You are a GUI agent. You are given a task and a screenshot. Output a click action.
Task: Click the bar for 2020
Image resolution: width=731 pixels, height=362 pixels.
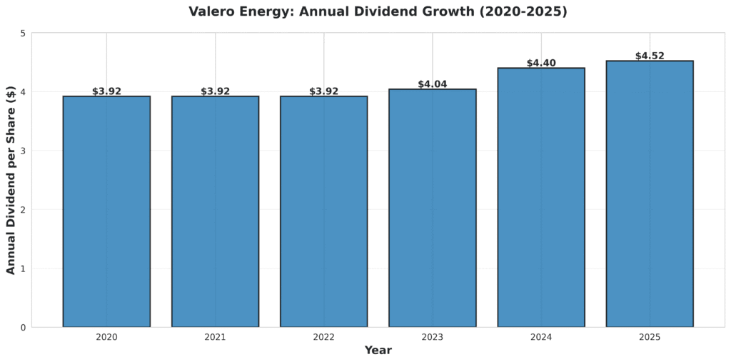coord(106,211)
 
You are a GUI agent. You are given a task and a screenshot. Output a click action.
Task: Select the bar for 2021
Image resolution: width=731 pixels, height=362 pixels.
coord(215,211)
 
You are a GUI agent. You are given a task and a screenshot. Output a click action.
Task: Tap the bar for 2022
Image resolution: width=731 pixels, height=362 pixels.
coord(323,211)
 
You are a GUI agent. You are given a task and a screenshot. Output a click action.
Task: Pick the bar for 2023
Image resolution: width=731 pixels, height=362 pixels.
coord(433,208)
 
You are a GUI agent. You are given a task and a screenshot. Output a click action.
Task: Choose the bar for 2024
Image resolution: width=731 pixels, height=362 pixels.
coord(541,197)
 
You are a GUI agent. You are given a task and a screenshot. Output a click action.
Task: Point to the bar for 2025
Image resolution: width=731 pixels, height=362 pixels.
coord(650,193)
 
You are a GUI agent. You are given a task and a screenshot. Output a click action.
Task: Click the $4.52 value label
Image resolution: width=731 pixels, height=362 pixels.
coord(650,56)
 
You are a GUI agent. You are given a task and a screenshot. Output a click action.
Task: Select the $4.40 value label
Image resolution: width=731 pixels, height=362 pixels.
coord(541,64)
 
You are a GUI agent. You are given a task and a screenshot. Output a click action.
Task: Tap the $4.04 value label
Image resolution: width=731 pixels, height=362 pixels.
coord(433,84)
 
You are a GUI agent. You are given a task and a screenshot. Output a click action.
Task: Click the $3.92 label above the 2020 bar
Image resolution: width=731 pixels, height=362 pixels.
coord(106,91)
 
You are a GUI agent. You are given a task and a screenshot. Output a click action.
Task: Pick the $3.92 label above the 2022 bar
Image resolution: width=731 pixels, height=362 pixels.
coord(323,91)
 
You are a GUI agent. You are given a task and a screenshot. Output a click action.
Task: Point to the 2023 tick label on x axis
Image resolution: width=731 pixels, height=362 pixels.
coord(433,337)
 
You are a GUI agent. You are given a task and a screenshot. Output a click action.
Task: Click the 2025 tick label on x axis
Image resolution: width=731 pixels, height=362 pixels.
coord(650,337)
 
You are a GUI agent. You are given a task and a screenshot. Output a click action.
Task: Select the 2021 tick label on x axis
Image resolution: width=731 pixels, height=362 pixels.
coord(215,337)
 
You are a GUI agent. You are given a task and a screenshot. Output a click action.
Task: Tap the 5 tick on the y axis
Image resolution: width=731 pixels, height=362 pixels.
coord(23,34)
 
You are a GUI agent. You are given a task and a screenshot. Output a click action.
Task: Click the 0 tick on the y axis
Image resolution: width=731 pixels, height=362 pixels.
coord(23,328)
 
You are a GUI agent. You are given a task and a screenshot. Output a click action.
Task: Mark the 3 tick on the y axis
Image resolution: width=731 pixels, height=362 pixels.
coord(23,151)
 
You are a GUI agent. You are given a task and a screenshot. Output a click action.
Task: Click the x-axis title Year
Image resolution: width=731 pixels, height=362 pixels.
coord(378,351)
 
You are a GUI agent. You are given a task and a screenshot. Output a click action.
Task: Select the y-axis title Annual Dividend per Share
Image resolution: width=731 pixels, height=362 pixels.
coord(11,180)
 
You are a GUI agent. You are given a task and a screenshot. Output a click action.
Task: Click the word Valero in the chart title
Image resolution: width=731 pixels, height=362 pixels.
coord(211,12)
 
